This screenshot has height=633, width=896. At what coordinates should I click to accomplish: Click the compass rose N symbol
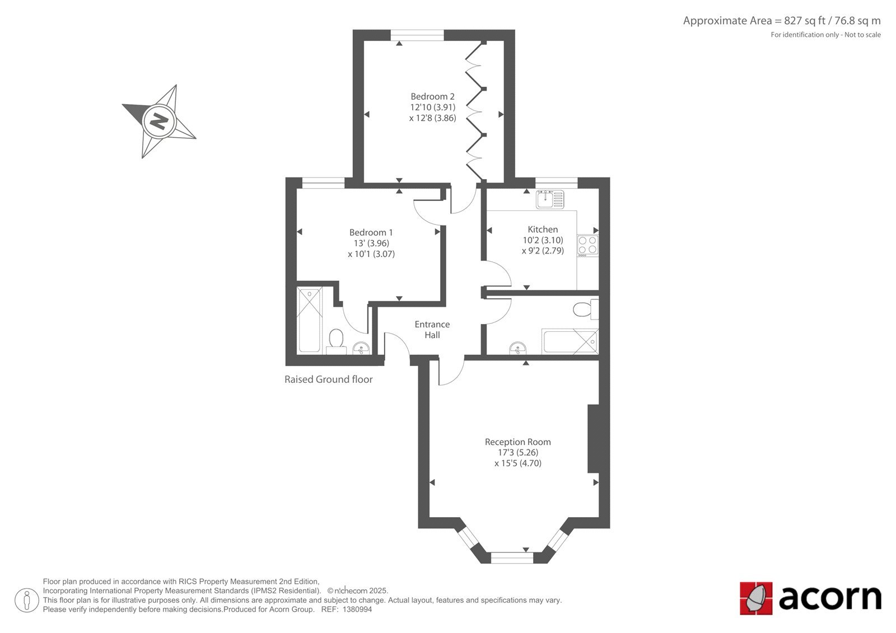point(159,121)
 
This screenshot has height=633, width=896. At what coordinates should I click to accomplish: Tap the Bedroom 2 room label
point(432,96)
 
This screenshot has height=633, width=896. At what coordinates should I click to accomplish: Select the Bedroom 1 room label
point(371,232)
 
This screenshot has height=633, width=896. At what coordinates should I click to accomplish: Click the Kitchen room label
point(543,229)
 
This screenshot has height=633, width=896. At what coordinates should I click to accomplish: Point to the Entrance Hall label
point(432,330)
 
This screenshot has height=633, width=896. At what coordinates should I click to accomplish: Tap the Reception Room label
point(517,442)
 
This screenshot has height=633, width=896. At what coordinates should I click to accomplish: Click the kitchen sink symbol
point(550,199)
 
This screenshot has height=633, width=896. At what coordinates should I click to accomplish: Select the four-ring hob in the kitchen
point(587,246)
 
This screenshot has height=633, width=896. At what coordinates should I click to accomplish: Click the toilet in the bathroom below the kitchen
point(586,309)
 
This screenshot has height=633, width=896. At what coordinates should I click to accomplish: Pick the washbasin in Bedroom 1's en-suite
point(361,349)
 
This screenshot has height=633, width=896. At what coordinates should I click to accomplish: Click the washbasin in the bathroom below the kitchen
point(518,348)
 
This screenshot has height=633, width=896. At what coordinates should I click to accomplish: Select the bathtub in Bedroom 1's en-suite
point(310,320)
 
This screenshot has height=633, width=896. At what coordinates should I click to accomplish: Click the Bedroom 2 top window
point(417,35)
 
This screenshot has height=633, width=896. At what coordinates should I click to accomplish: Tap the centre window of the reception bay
point(512,557)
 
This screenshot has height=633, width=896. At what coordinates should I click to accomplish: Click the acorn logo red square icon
point(756,598)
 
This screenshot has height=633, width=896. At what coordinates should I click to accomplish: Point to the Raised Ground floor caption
point(328,379)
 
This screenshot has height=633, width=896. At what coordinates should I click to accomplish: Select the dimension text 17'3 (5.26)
point(517,453)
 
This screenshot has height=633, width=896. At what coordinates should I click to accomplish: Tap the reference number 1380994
point(357,609)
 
